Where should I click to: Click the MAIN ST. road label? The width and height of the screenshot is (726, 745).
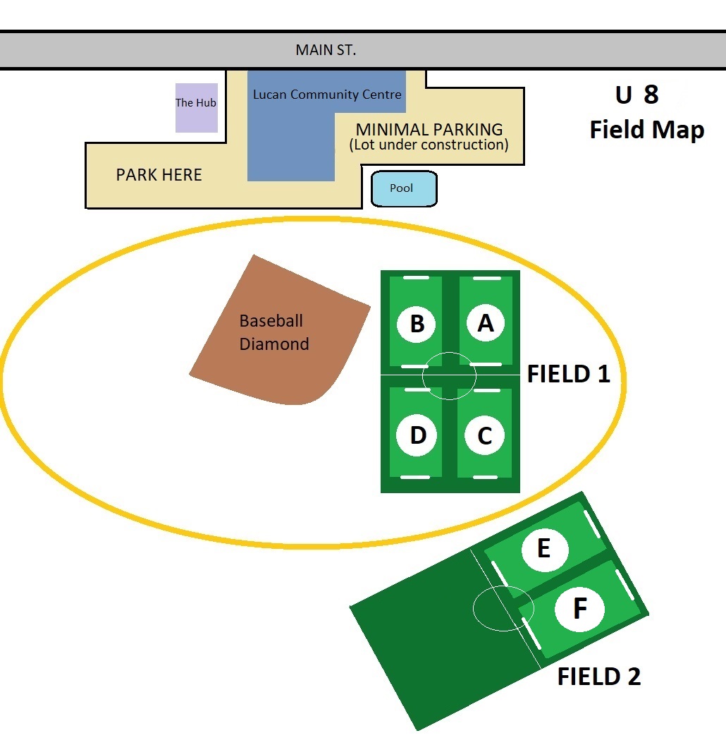(x=326, y=50)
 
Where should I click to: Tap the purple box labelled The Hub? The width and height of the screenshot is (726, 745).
(x=196, y=107)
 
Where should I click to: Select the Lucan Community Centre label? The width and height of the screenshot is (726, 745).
(x=327, y=95)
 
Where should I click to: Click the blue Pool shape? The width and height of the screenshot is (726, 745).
(x=404, y=189)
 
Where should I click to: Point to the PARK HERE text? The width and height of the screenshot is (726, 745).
(x=159, y=175)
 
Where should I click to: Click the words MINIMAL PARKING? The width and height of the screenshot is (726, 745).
(x=429, y=130)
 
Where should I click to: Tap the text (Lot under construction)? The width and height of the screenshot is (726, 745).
(x=429, y=145)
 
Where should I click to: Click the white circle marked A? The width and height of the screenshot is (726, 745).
(x=486, y=322)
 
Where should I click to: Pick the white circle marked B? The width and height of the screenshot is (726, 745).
(x=417, y=323)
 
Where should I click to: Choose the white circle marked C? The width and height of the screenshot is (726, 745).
(x=484, y=436)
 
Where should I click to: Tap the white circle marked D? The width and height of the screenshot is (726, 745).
(x=417, y=435)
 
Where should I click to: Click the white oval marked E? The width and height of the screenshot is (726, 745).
(x=544, y=549)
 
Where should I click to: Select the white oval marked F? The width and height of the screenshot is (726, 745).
(x=579, y=608)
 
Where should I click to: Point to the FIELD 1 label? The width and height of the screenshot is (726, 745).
(x=568, y=374)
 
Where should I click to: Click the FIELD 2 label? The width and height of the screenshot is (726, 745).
(x=598, y=677)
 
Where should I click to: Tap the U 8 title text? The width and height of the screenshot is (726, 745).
(x=636, y=95)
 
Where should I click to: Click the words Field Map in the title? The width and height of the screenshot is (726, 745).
(x=646, y=130)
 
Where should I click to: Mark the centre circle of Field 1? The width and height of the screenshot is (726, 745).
(x=449, y=375)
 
